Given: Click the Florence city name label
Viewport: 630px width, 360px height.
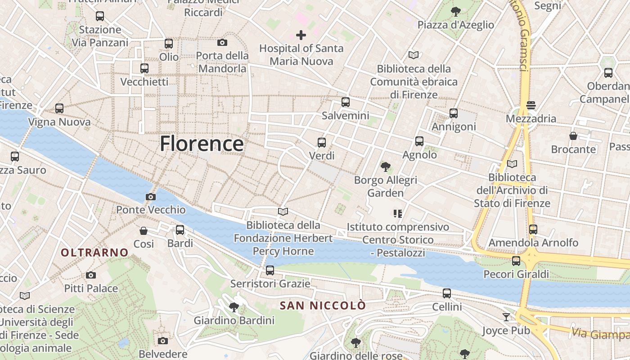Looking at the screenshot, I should tap(202, 144).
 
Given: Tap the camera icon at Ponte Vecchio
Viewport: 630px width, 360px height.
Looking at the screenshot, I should tap(151, 197).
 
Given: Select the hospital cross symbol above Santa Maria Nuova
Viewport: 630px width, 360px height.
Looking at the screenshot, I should tap(301, 35).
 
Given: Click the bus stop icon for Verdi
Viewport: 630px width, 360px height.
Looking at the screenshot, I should tap(321, 143).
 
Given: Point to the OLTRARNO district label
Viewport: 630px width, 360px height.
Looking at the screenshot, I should tap(94, 252).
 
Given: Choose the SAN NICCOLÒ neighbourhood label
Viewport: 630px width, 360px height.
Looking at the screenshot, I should tap(323, 306).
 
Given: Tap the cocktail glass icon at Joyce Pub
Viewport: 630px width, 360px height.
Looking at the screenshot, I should tap(506, 317).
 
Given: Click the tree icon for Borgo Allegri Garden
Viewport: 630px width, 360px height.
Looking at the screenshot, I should tap(385, 167).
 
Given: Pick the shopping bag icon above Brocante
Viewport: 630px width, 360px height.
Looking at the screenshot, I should tap(573, 135).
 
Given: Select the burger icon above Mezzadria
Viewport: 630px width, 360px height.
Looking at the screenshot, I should tap(531, 105).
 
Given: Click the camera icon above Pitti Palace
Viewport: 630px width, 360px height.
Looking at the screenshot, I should tap(91, 275).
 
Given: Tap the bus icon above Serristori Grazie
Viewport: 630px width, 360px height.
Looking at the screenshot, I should tap(270, 270).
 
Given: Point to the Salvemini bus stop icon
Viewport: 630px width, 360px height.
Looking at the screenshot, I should tap(345, 102).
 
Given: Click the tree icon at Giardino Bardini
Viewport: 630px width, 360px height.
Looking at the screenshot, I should tap(234, 307).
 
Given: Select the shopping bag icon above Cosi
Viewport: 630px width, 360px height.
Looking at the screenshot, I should tap(144, 231).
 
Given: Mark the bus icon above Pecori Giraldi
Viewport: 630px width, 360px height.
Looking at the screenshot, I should tap(516, 261).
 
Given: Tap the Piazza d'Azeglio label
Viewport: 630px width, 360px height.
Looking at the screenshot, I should tap(456, 25).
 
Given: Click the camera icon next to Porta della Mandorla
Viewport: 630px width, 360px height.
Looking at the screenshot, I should tap(222, 43).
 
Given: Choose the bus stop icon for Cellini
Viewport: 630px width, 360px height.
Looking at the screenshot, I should tap(447, 293).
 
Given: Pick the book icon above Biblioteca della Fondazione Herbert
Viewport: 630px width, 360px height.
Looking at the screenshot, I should tap(283, 211).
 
